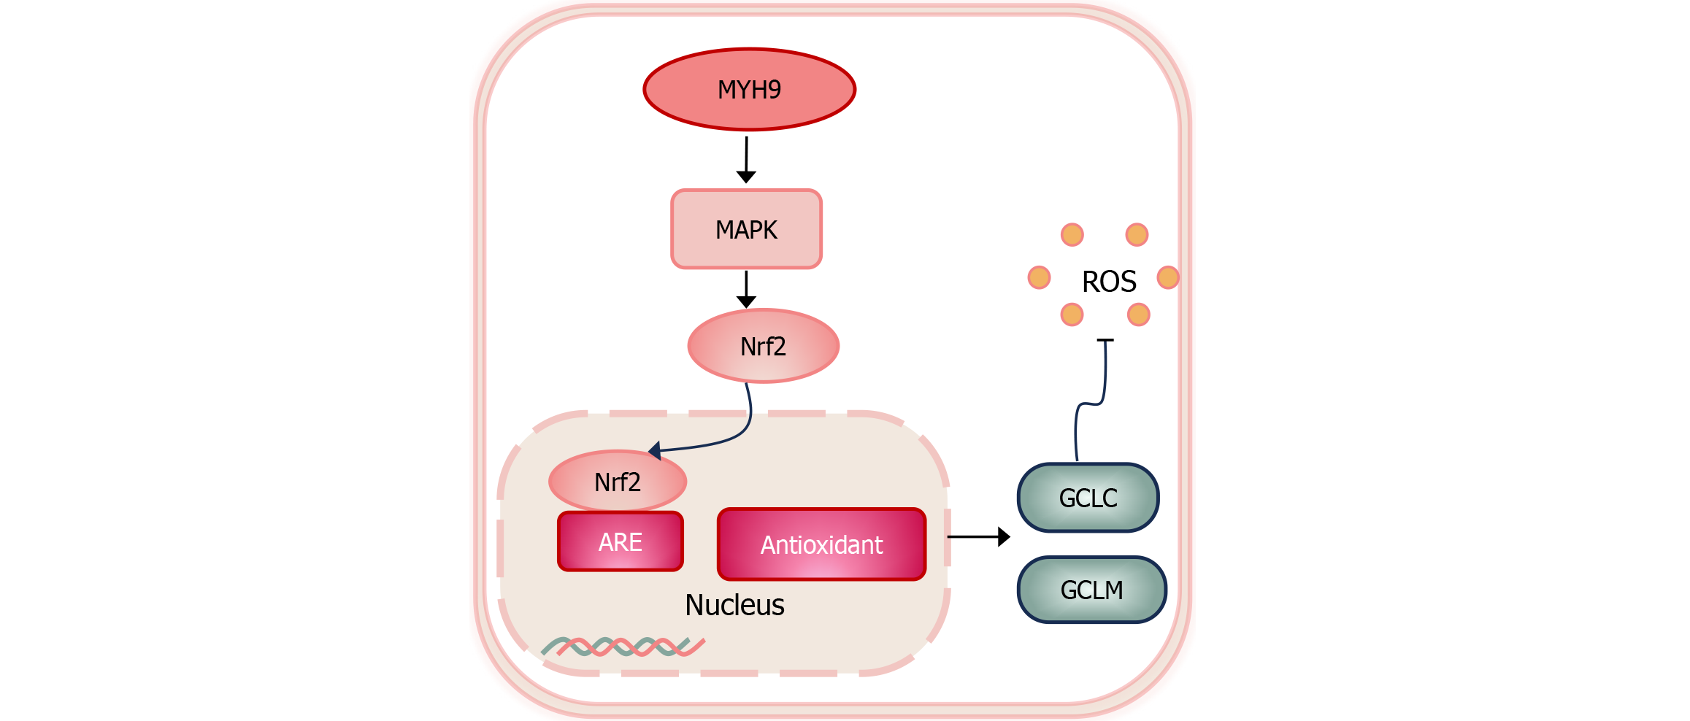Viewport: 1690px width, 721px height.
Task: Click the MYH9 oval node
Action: click(x=749, y=90)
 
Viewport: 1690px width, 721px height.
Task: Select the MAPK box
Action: click(x=746, y=230)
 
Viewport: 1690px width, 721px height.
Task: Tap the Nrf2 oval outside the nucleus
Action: click(x=763, y=346)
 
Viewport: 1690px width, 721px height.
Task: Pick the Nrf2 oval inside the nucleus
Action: click(x=618, y=482)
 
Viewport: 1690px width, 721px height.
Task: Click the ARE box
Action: click(x=621, y=542)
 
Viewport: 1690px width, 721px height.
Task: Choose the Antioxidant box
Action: click(x=821, y=544)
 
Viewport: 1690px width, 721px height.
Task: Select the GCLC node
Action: click(x=1088, y=498)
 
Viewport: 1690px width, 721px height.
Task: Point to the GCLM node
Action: click(x=1091, y=590)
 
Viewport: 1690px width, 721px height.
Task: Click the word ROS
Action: click(x=1109, y=282)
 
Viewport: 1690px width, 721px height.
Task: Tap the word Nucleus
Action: click(x=734, y=605)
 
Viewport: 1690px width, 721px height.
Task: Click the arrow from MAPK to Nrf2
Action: click(x=746, y=289)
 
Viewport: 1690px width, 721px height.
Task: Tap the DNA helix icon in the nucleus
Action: click(x=623, y=647)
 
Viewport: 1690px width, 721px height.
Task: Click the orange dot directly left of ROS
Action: click(x=1039, y=277)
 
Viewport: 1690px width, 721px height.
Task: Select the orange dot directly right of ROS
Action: click(x=1168, y=277)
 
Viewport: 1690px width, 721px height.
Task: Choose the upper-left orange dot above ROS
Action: click(x=1072, y=235)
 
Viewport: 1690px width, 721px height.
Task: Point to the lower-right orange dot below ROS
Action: click(x=1139, y=315)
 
